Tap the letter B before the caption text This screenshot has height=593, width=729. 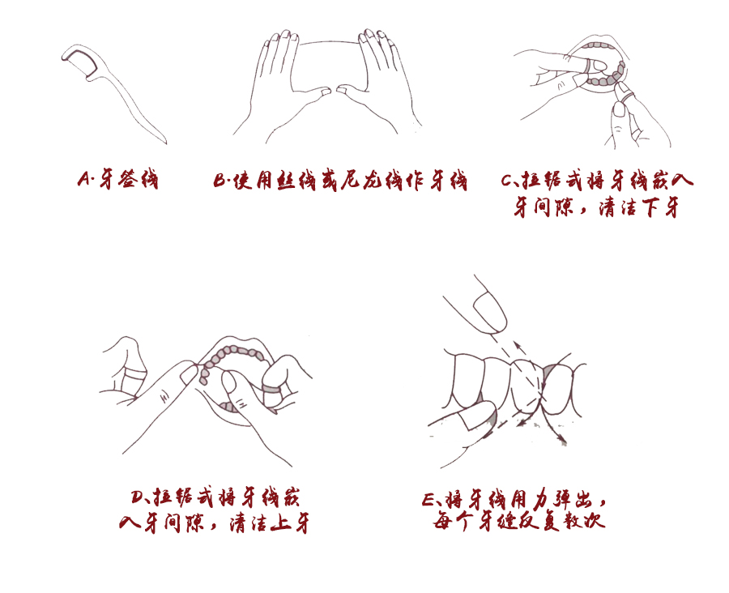click(x=221, y=180)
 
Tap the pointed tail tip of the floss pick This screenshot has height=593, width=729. click(x=164, y=141)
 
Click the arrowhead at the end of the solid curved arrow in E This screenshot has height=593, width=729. click(x=562, y=442)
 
